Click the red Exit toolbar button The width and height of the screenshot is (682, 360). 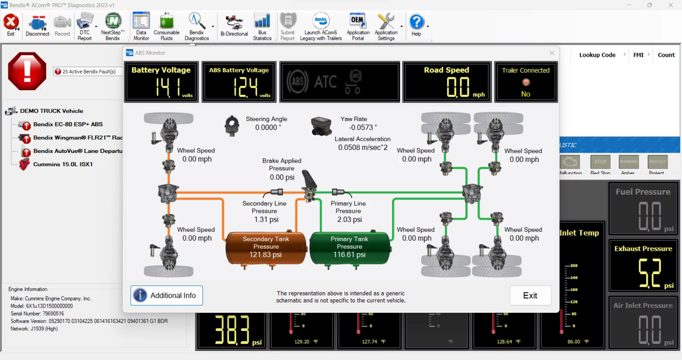11,25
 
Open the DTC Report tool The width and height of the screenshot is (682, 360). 85,26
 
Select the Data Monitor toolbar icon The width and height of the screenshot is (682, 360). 141,26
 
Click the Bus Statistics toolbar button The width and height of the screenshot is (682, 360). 262,26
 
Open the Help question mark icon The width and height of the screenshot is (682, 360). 416,25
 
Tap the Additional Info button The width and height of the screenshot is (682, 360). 166,295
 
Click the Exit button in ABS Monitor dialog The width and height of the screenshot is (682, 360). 530,295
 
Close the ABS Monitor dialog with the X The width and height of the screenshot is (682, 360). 552,53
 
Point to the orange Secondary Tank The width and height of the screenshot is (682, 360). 266,247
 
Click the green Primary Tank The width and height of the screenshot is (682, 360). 349,247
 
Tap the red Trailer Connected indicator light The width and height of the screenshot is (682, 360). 526,83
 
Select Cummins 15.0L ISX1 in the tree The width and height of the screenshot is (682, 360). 62,165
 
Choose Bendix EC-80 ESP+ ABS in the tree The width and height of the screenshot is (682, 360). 67,124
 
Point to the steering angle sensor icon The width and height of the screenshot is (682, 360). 231,126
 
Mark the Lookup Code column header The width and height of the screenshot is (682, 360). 597,55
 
